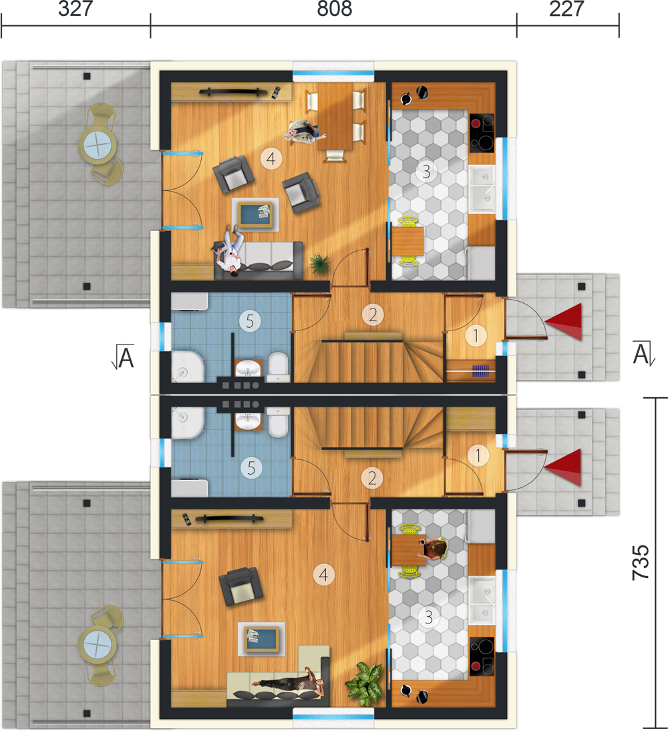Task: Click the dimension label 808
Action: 335,9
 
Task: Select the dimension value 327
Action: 75,9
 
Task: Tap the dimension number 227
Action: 566,9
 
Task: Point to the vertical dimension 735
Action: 641,562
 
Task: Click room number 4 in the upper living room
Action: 271,159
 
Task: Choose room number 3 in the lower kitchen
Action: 429,618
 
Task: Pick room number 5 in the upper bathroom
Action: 250,321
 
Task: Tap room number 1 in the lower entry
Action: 478,455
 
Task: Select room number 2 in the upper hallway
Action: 373,316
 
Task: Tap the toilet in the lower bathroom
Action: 279,422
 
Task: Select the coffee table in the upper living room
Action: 255,214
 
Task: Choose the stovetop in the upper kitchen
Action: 482,134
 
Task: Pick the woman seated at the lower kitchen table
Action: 434,548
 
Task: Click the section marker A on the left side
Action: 124,357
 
